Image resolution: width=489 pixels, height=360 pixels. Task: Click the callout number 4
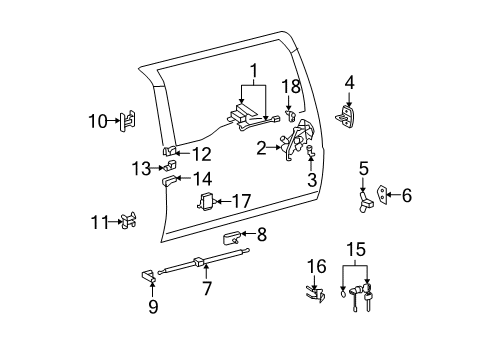click(349, 83)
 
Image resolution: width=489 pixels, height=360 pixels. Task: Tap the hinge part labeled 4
click(345, 116)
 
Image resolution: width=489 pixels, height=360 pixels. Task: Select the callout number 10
click(98, 121)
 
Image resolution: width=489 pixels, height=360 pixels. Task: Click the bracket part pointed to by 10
click(128, 121)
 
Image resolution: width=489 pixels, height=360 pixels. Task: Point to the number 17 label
click(241, 201)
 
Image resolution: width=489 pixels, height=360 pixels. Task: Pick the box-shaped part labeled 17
click(207, 202)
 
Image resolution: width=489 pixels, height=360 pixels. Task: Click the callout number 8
click(262, 235)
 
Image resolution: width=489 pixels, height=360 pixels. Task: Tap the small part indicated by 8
click(230, 238)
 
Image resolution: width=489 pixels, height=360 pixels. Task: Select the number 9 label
click(153, 306)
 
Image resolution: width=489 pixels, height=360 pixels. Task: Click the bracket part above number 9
click(148, 276)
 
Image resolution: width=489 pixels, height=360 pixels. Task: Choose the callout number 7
click(207, 288)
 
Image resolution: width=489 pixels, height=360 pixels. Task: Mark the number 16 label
click(317, 266)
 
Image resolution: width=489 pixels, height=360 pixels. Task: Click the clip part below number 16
click(316, 294)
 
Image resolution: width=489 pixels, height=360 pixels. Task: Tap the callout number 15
click(356, 249)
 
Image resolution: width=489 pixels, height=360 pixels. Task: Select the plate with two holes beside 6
click(382, 194)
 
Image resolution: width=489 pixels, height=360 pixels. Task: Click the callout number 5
click(364, 169)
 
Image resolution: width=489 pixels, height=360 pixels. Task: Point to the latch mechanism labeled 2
click(296, 140)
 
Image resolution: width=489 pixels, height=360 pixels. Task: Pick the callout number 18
click(291, 86)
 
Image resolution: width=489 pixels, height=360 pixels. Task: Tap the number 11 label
click(100, 222)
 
